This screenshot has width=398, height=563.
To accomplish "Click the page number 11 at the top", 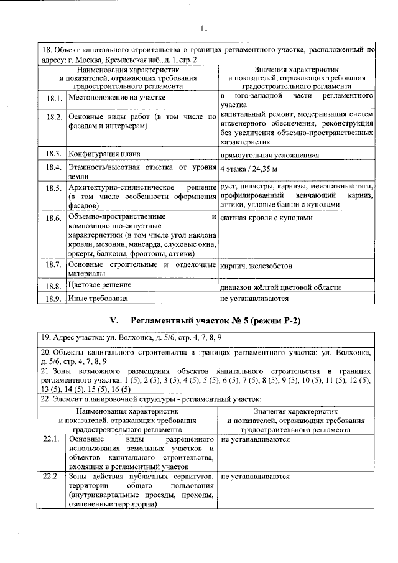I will tap(205, 27).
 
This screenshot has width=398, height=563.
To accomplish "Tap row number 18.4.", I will tap(54, 168).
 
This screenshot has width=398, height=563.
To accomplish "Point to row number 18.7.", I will tap(54, 266).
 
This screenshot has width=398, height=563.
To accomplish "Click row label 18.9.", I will tap(54, 299).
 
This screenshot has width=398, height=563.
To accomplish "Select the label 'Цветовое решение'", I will tap(100, 285).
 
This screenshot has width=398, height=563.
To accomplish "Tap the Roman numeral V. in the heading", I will tap(114, 321).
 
